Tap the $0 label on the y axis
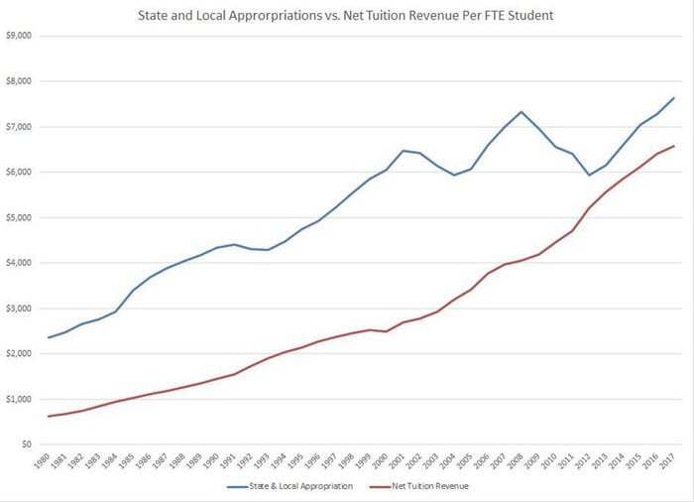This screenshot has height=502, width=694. point(27,445)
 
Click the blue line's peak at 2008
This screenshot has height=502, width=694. point(520,111)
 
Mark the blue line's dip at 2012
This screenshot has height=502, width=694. point(589,175)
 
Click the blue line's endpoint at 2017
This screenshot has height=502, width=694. point(674,98)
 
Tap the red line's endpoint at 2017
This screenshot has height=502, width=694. point(674,146)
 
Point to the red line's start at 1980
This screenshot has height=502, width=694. point(48,416)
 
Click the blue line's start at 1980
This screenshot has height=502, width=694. point(48,337)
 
